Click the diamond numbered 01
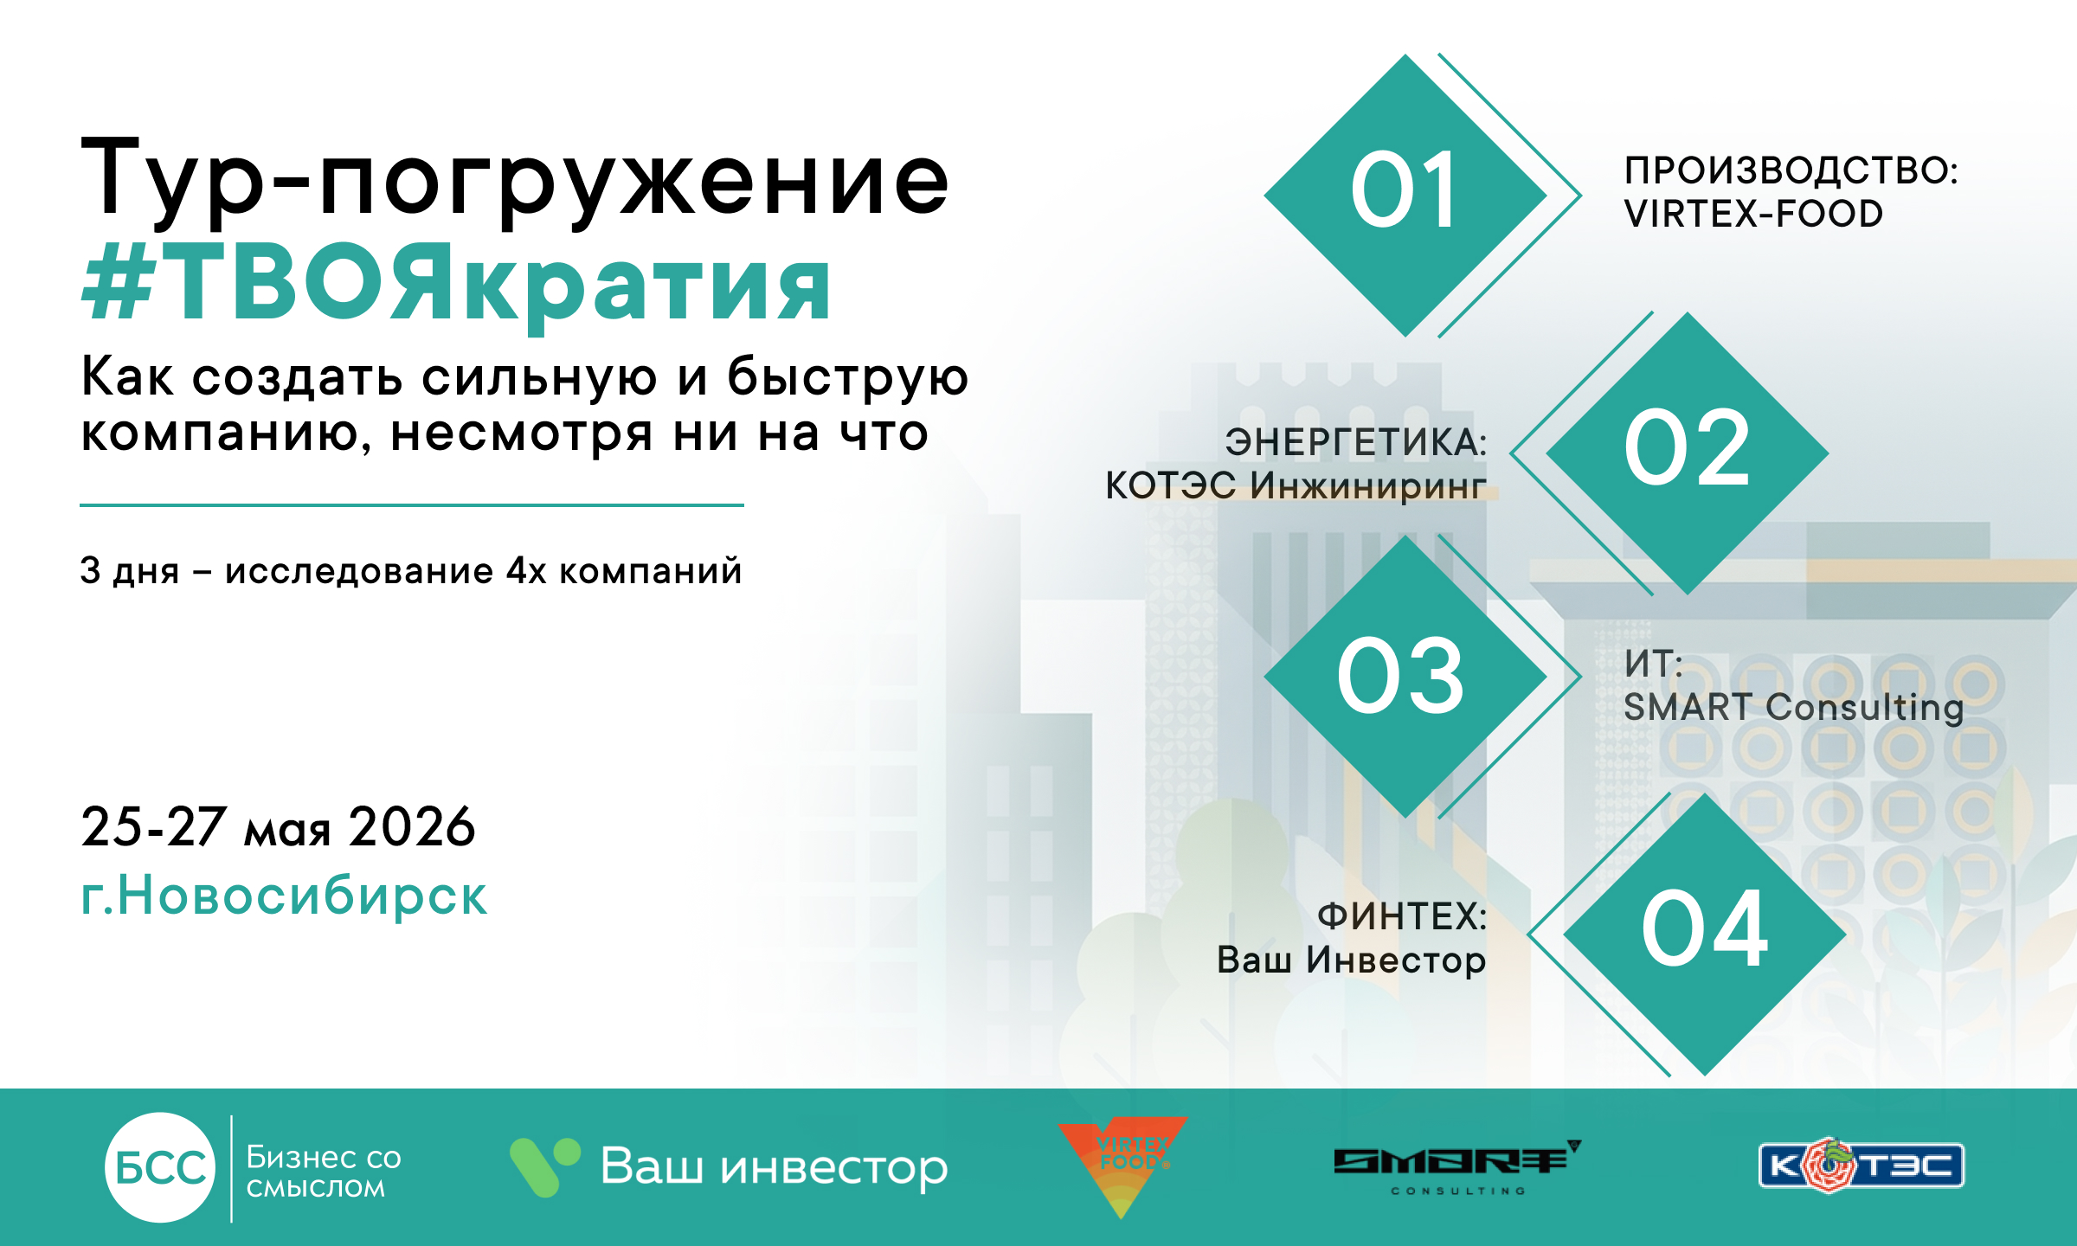pos(1405,196)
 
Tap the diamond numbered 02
pos(1688,453)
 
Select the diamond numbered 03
pos(1405,676)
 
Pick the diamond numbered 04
pos(1705,934)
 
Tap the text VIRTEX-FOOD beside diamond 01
pos(1753,214)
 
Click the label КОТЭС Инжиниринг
pos(1296,485)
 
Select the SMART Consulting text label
pos(1793,707)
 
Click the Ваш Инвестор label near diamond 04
pos(1351,960)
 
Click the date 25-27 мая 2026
pos(278,826)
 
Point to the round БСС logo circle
pos(160,1167)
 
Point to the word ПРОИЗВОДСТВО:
pos(1791,170)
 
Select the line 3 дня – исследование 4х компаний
pos(411,571)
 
